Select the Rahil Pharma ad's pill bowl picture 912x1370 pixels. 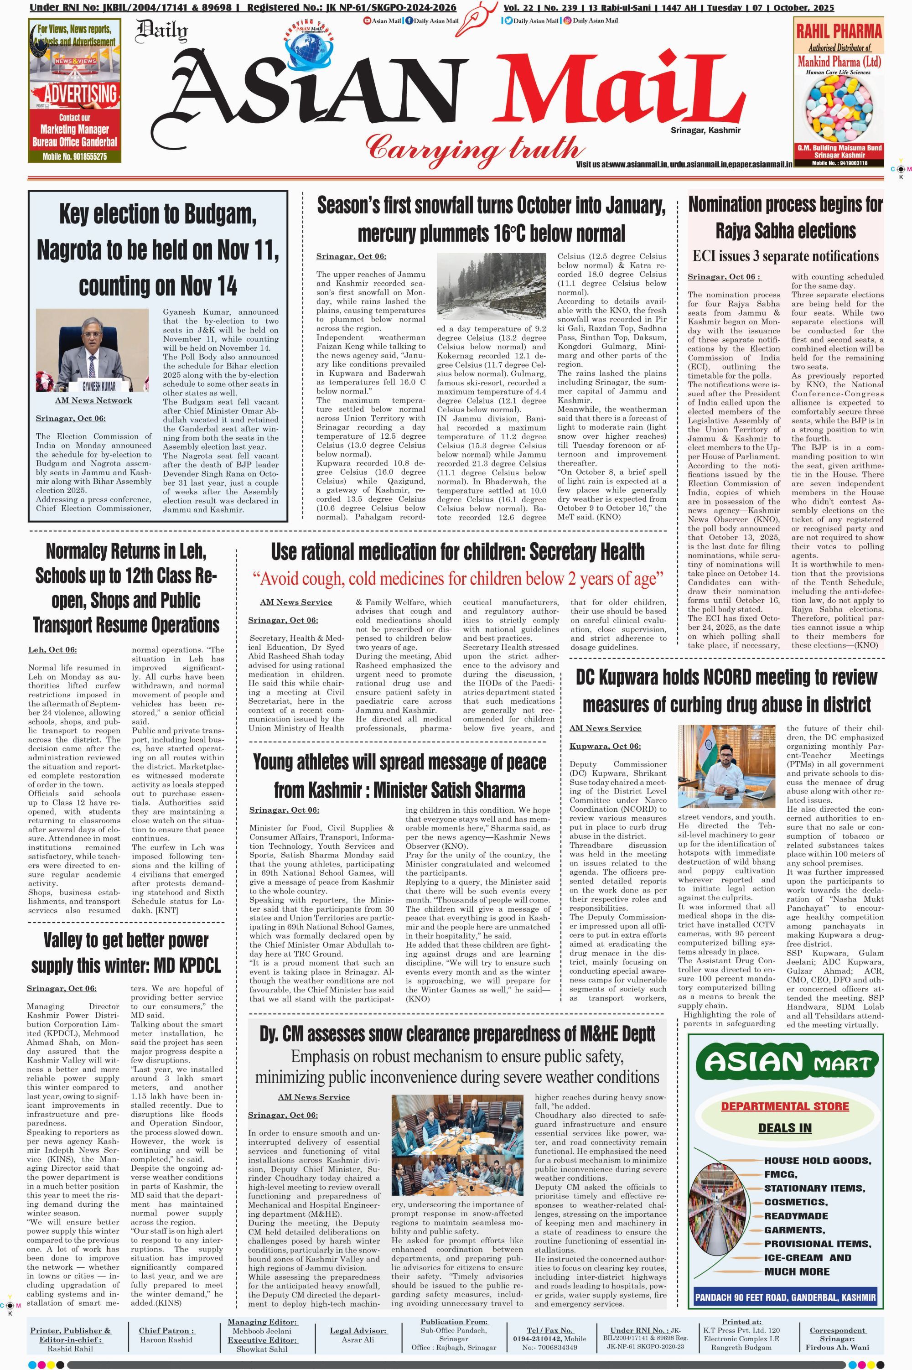(838, 109)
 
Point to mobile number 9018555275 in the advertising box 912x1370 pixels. (74, 156)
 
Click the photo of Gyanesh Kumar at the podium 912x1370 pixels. (92, 350)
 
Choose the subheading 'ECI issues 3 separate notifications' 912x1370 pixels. (785, 256)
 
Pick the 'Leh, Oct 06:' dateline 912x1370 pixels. (52, 650)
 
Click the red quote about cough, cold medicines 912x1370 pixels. (458, 579)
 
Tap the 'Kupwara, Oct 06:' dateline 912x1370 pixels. (605, 747)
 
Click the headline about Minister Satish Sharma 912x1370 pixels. (399, 776)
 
